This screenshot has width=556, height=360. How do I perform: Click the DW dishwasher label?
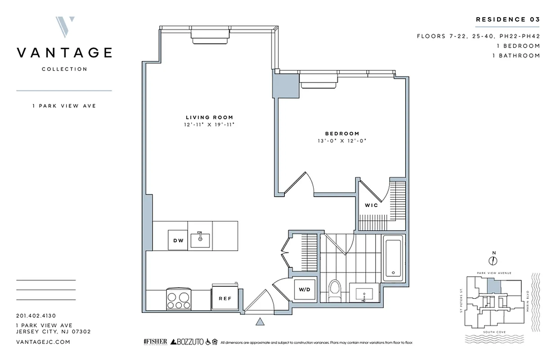click(x=178, y=240)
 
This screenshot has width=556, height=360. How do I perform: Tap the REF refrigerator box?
click(x=224, y=297)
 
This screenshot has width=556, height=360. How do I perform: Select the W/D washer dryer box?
click(x=304, y=290)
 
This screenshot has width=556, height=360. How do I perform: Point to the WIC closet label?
click(x=371, y=205)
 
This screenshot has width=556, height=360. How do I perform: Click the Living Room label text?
click(x=209, y=117)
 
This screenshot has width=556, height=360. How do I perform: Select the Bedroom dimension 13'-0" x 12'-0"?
click(x=342, y=141)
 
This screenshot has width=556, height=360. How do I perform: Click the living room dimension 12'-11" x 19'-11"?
click(x=209, y=125)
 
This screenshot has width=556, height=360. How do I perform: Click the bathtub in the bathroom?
click(x=394, y=257)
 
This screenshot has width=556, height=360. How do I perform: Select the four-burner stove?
click(x=179, y=299)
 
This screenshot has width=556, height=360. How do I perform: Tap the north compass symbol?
click(x=493, y=260)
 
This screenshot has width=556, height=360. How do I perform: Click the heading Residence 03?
click(x=507, y=19)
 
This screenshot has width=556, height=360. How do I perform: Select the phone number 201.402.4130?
click(x=36, y=316)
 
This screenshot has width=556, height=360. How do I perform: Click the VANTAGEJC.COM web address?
click(x=43, y=342)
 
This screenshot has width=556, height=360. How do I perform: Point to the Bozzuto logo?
click(x=186, y=342)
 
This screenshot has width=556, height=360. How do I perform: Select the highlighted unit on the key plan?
click(x=493, y=284)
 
